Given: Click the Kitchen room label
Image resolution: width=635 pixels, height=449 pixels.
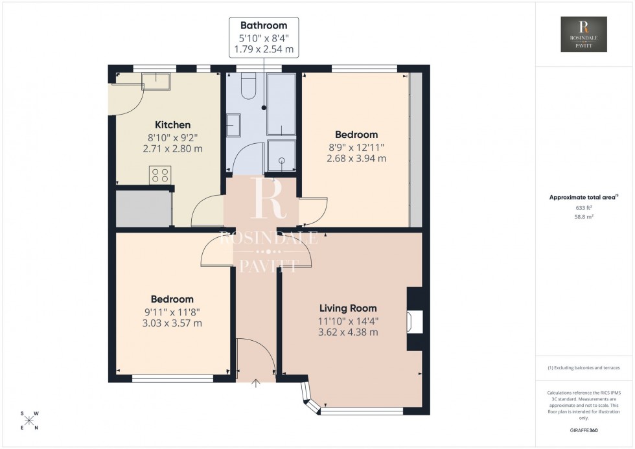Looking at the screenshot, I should pos(172,125).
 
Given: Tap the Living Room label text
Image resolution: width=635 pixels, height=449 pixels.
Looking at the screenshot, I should pos(348,308).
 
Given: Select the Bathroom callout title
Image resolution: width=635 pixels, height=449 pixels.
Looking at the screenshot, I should pos(263,26).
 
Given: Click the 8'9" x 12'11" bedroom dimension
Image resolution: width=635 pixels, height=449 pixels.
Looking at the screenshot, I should pos(356,147).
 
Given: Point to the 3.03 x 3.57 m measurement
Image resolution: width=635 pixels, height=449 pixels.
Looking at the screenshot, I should pos(172,323).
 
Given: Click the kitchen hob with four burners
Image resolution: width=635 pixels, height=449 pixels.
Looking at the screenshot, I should pos(160,175).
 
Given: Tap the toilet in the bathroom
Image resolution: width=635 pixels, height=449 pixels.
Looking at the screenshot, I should pos(248,87).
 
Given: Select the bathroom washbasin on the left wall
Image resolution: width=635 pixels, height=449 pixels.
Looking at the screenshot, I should pos(233,125).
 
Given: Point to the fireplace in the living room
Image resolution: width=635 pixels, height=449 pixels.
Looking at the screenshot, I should pos(414,321).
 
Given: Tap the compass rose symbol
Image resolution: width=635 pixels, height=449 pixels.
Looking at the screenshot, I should pos(30,420).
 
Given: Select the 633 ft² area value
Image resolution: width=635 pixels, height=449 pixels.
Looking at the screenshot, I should pos(584,207).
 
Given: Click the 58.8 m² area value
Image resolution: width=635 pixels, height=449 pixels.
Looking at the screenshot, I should pos(584,217).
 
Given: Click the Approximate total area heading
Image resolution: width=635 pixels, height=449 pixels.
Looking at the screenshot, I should pos(583,197).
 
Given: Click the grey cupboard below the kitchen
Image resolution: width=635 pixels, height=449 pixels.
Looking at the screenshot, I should pos(143,209).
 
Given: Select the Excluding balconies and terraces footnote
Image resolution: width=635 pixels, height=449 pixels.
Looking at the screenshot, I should pos(584,367).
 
